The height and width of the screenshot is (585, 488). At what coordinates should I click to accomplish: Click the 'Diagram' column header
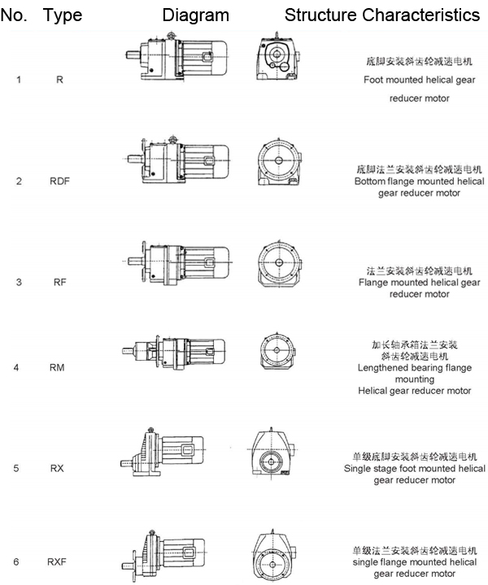pyautogui.click(x=196, y=15)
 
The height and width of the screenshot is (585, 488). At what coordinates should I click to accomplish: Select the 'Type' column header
pyautogui.click(x=63, y=15)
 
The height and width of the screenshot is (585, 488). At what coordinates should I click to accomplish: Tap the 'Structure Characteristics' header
pyautogui.click(x=381, y=15)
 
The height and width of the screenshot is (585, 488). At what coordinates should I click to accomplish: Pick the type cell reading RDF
pyautogui.click(x=59, y=180)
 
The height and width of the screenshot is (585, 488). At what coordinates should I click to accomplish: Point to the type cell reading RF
pyautogui.click(x=59, y=282)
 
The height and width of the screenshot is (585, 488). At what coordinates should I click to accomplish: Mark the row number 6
pyautogui.click(x=18, y=561)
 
